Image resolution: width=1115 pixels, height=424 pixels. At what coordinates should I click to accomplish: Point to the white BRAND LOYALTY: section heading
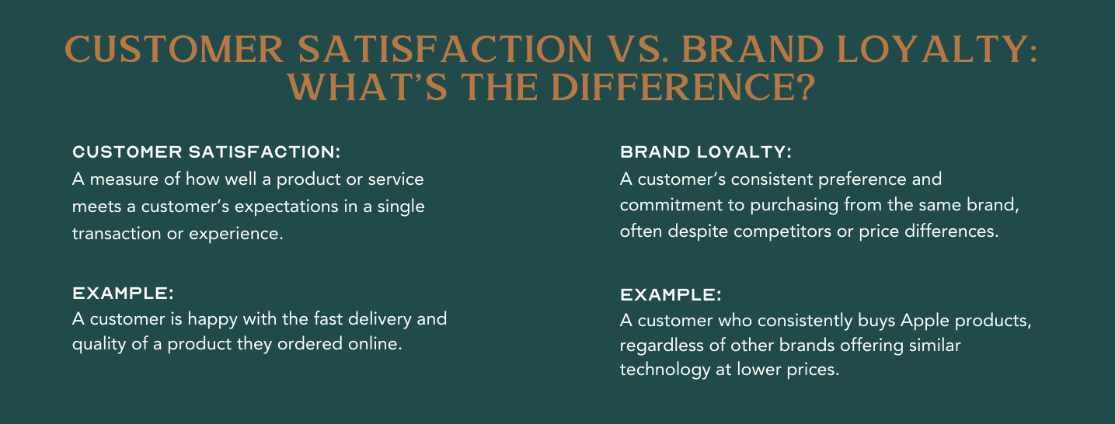(x=706, y=151)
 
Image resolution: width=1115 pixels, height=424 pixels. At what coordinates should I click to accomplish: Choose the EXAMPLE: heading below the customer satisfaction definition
(x=123, y=294)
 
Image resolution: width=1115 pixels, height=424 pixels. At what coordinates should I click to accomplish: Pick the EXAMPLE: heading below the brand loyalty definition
(x=671, y=295)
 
